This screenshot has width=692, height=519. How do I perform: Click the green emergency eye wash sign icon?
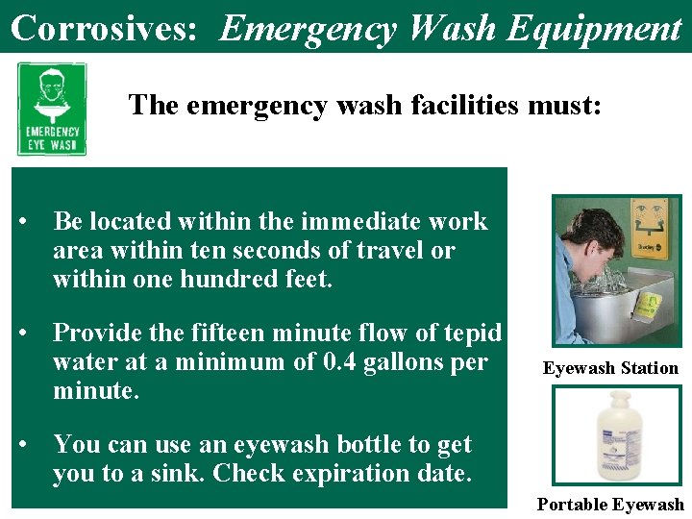(x=52, y=110)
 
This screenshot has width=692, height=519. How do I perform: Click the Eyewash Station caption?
(x=610, y=368)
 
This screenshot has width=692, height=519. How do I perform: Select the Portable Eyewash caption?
(x=610, y=505)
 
